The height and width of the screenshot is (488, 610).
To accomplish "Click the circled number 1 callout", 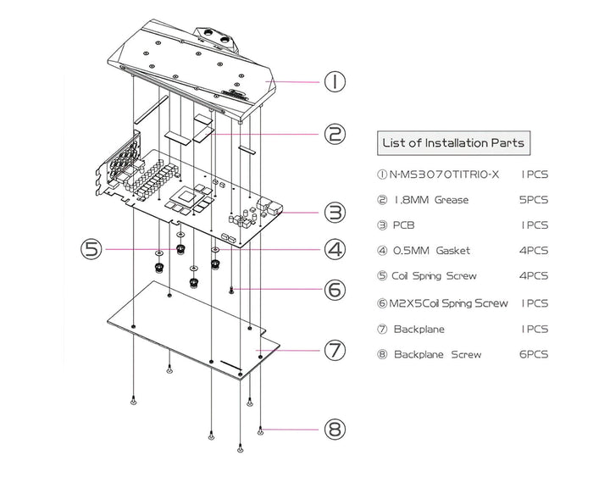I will [x=335, y=81].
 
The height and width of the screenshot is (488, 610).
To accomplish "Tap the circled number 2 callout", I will [x=335, y=134].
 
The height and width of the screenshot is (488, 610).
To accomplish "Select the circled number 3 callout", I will [x=335, y=212].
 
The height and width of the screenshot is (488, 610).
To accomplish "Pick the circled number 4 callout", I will [x=335, y=249].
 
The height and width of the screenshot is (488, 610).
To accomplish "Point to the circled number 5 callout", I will [x=92, y=249].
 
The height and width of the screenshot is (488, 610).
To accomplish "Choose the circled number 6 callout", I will [x=335, y=289].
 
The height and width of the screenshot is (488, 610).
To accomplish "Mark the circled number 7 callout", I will [x=335, y=349].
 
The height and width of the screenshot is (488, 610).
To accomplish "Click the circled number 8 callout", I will [x=335, y=429].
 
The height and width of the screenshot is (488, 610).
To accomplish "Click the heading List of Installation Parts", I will [x=453, y=142].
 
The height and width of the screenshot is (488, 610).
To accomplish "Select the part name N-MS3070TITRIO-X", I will [x=445, y=175].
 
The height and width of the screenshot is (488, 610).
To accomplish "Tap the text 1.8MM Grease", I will [x=431, y=201].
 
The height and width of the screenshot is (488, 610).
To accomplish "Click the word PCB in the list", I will [x=405, y=226].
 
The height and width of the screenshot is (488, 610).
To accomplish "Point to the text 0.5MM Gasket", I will [x=431, y=251].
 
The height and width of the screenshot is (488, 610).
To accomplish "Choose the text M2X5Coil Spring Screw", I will [x=449, y=302].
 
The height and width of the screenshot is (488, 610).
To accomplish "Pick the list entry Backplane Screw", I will [x=436, y=354].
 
